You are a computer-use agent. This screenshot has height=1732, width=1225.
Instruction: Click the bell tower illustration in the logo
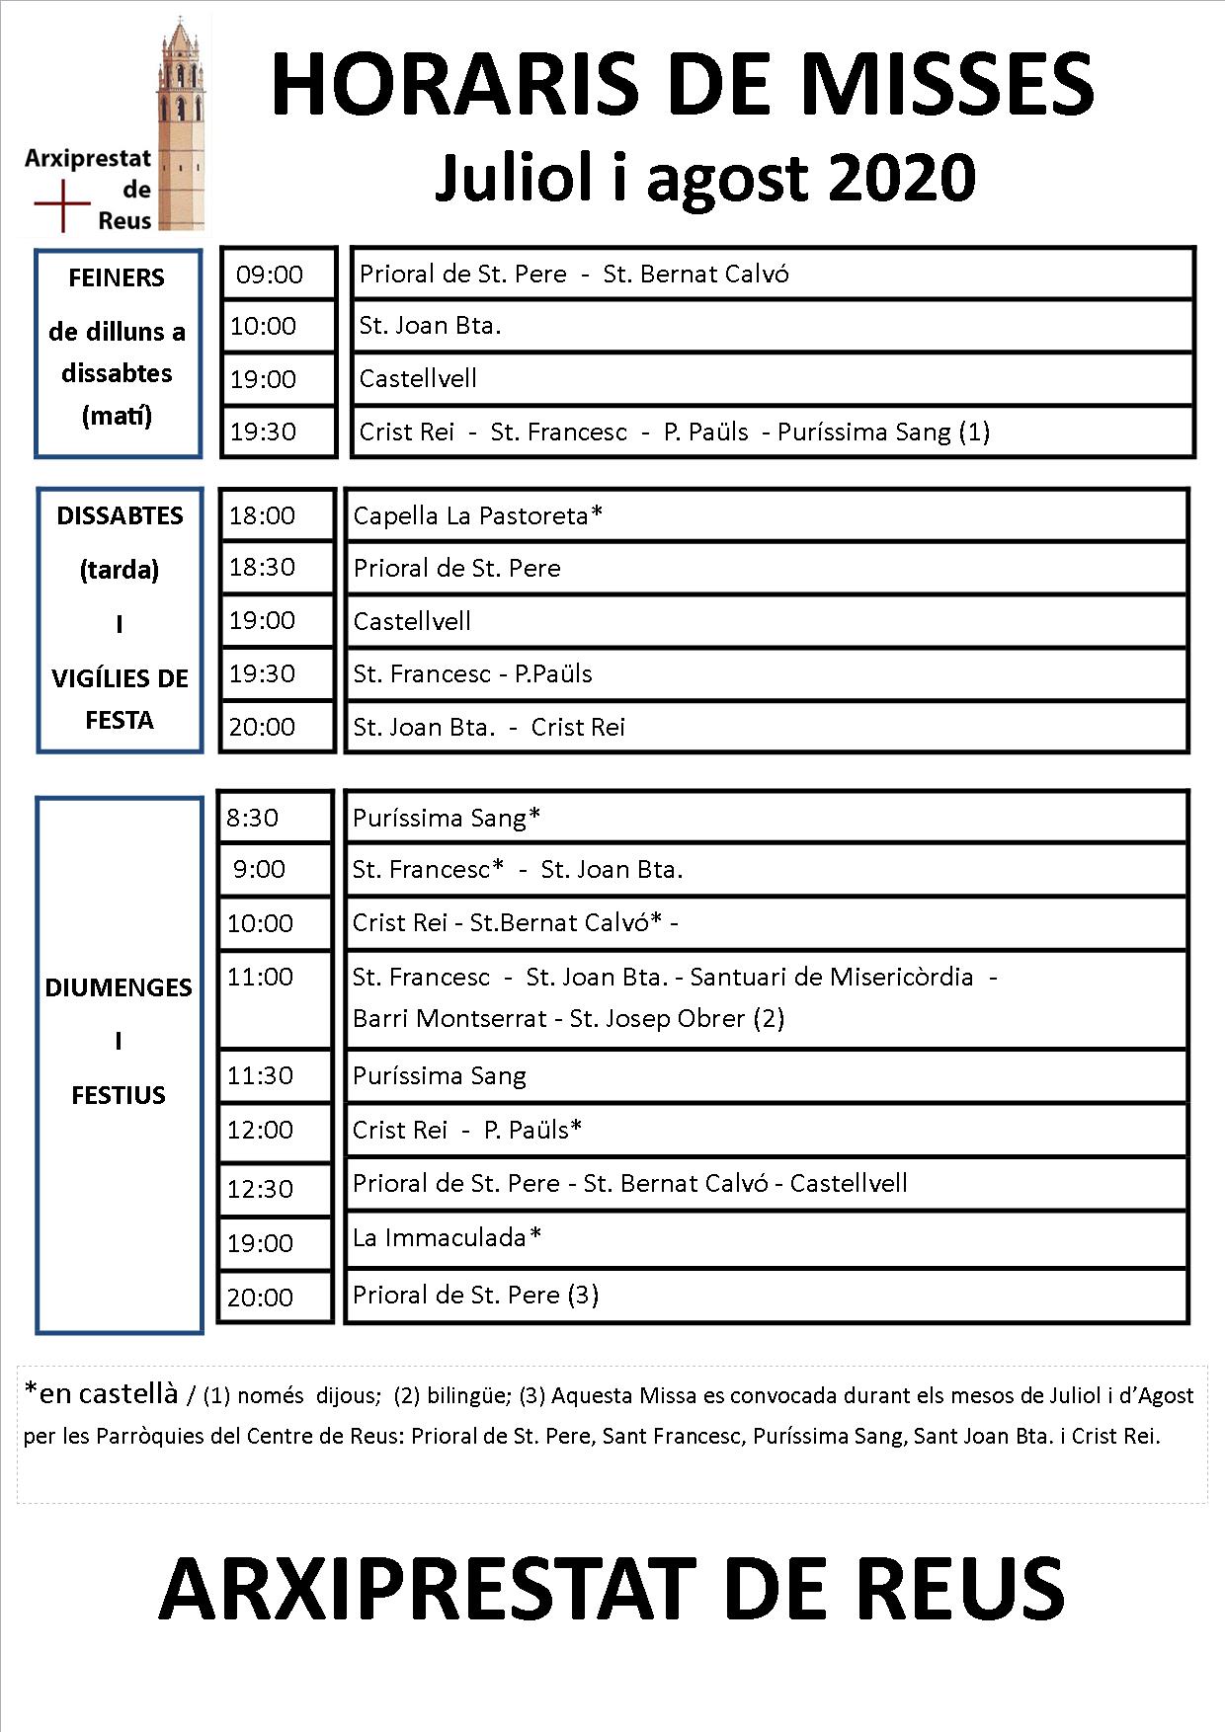pyautogui.click(x=181, y=123)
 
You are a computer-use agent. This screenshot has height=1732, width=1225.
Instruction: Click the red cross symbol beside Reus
pyautogui.click(x=62, y=205)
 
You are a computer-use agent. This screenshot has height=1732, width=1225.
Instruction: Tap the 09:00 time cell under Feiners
pyautogui.click(x=270, y=275)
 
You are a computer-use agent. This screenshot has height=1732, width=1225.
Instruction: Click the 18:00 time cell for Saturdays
pyautogui.click(x=263, y=515)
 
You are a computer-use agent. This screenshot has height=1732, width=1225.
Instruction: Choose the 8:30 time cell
pyautogui.click(x=253, y=818)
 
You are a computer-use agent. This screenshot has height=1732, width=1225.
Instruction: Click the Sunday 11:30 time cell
pyautogui.click(x=260, y=1075)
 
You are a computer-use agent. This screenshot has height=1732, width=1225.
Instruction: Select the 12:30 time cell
pyautogui.click(x=260, y=1189)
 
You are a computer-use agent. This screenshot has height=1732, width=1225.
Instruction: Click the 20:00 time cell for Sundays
pyautogui.click(x=260, y=1298)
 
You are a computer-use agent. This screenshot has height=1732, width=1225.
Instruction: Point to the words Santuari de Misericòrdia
pyautogui.click(x=831, y=977)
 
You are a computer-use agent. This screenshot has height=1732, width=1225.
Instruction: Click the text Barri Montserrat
pyautogui.click(x=449, y=1018)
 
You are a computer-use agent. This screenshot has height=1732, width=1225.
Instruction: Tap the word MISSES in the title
pyautogui.click(x=946, y=85)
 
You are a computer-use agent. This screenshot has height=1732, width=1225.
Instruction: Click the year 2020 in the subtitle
pyautogui.click(x=902, y=178)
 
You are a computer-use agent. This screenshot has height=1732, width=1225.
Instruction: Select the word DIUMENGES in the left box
pyautogui.click(x=119, y=987)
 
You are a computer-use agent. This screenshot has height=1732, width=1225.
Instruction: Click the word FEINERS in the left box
pyautogui.click(x=117, y=277)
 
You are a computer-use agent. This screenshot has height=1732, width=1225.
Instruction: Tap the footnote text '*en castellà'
pyautogui.click(x=101, y=1393)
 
